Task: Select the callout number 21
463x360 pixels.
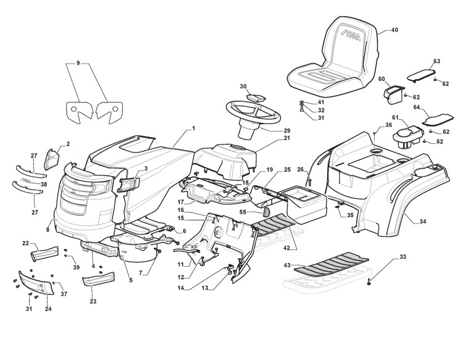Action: pyautogui.click(x=270, y=138)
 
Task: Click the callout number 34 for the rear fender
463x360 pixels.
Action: pyautogui.click(x=422, y=221)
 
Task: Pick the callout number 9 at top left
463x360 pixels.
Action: pyautogui.click(x=78, y=63)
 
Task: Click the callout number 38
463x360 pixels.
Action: pyautogui.click(x=43, y=184)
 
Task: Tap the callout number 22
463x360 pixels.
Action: pyautogui.click(x=25, y=243)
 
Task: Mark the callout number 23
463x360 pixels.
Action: pyautogui.click(x=93, y=302)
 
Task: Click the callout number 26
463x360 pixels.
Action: pyautogui.click(x=301, y=170)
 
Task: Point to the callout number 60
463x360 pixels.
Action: pyautogui.click(x=382, y=79)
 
